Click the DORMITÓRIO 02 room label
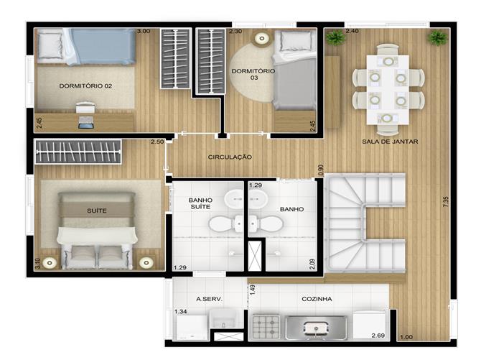[85, 86]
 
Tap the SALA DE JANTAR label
[390, 142]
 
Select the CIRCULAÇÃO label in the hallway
[230, 157]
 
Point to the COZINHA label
[317, 299]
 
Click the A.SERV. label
[209, 299]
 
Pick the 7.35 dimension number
[446, 201]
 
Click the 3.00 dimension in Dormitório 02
[144, 31]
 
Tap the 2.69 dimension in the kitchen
[378, 336]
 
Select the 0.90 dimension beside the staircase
[321, 170]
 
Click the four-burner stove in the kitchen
[266, 327]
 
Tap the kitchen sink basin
[316, 328]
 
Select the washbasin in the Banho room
[258, 199]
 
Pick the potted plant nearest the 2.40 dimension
[336, 38]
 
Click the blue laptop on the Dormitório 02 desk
[85, 122]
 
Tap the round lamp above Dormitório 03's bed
[261, 38]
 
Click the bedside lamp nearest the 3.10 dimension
[50, 263]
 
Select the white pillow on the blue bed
[50, 46]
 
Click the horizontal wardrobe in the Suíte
[78, 152]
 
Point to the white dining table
[388, 90]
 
